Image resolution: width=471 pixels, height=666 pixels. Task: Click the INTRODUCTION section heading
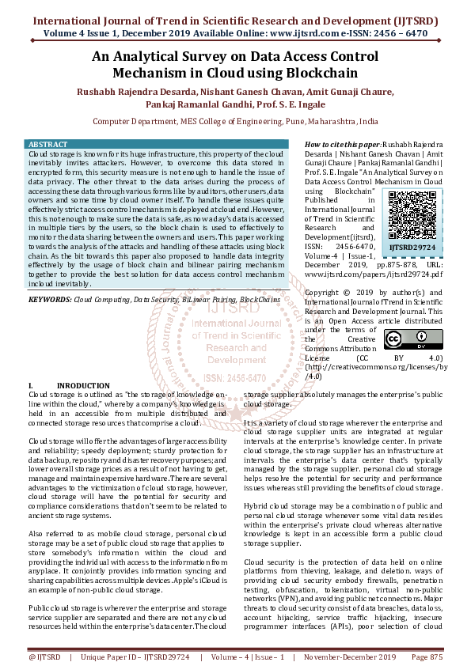tap(83, 385)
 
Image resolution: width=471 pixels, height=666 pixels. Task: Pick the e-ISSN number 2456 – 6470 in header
tap(402, 36)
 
